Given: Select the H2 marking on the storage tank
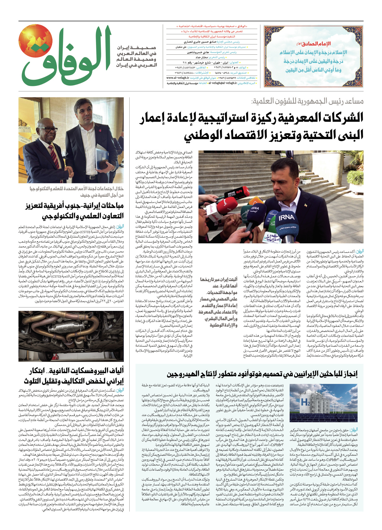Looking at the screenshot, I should [x=305, y=402].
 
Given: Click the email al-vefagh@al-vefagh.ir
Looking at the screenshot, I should [x=222, y=83].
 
